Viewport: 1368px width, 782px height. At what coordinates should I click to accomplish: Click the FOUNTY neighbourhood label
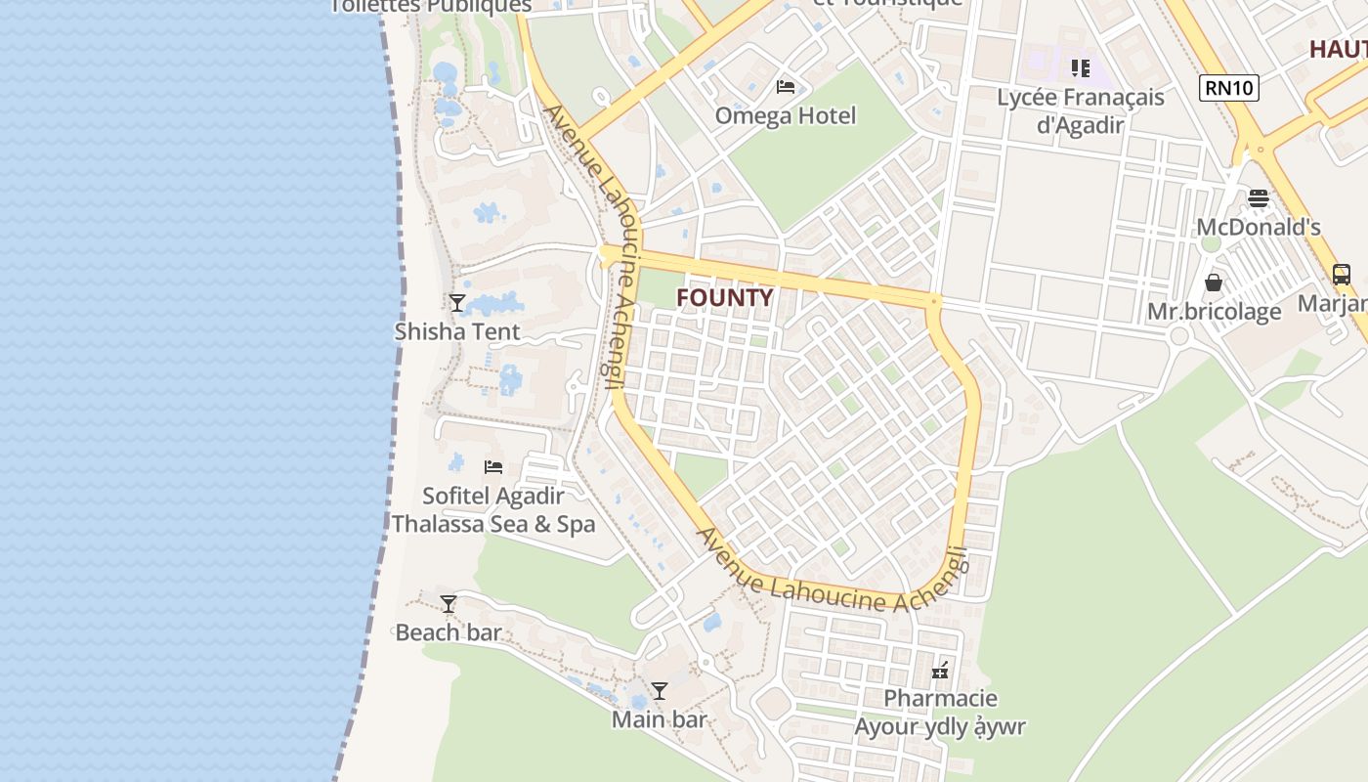coord(724,298)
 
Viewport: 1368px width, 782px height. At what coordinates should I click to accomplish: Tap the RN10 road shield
coord(1229,88)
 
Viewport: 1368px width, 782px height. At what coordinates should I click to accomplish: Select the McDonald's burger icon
coord(1258,198)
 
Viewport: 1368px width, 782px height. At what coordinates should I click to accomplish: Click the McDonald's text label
coord(1258,228)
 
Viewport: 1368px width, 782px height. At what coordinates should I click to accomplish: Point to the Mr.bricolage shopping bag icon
coord(1213,282)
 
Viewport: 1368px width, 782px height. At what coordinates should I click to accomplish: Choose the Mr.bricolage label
coord(1214,312)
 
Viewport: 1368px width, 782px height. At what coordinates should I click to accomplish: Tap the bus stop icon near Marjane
coord(1341,275)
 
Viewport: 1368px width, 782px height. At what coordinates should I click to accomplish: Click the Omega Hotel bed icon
coord(785,87)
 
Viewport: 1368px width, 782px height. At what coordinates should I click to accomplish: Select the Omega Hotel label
coord(785,115)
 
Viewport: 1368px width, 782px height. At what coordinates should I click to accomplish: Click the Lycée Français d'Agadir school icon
coord(1080,68)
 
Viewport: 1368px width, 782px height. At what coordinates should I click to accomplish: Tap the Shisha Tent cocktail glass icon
coord(456,302)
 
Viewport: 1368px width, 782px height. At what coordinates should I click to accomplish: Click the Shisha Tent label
coord(457,331)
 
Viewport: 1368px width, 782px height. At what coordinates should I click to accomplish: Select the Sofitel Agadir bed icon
coord(492,467)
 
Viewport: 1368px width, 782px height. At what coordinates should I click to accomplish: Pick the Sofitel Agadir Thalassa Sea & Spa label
coord(492,510)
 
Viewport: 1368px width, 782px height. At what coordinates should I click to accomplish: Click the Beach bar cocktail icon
coord(448,604)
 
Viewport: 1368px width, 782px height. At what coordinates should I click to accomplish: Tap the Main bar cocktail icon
coord(659,691)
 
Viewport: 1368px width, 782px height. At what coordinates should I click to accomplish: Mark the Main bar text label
coord(659,720)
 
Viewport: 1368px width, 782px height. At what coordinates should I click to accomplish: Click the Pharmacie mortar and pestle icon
coord(940,671)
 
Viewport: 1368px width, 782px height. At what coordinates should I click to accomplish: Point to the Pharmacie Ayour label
coord(940,713)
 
